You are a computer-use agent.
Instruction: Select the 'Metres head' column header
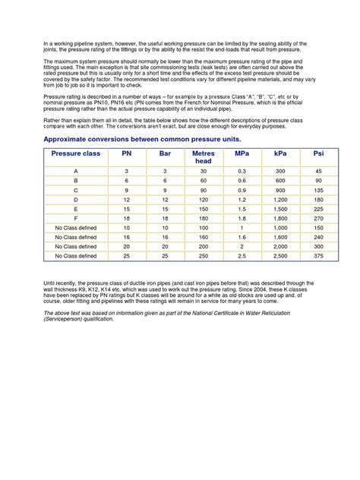(203, 157)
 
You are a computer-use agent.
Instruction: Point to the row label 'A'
(75, 172)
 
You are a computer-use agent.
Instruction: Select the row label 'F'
(75, 216)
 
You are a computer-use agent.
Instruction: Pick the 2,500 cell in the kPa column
(279, 256)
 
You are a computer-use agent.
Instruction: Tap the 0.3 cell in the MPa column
(242, 172)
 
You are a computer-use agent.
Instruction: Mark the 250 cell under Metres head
(203, 256)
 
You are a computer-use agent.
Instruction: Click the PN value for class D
(127, 198)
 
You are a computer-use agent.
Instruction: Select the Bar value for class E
(165, 207)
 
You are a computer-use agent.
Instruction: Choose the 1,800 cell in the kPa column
(279, 216)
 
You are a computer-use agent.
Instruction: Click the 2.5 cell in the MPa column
(242, 256)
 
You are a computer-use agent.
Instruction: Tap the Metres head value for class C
(203, 189)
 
